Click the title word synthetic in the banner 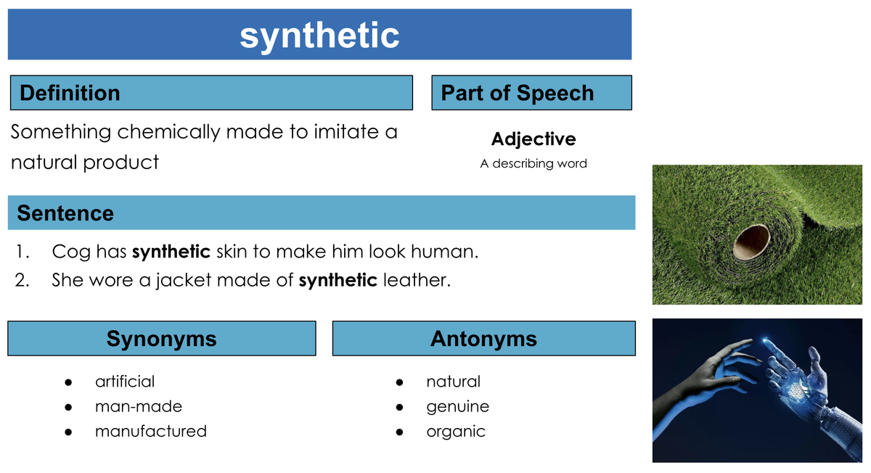[319, 36]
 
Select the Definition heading [70, 93]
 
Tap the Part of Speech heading [517, 94]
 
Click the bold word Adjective [533, 139]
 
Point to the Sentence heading [65, 213]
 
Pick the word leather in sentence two [417, 280]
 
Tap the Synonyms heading [161, 339]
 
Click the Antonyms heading [483, 339]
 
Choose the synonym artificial [125, 382]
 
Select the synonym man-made [139, 406]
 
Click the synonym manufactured [151, 431]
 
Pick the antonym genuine [458, 407]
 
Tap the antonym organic [456, 432]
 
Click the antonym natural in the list [454, 382]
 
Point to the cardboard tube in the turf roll [752, 242]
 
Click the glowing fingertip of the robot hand [766, 341]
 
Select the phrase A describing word [533, 164]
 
